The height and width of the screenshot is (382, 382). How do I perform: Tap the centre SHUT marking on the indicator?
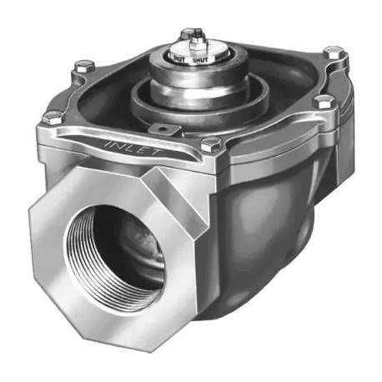coord(199,59)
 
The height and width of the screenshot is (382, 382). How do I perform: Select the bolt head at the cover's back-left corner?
coord(83,65)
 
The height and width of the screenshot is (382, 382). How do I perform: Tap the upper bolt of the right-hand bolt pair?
coord(334,56)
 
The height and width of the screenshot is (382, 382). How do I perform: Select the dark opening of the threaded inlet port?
coord(125,250)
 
